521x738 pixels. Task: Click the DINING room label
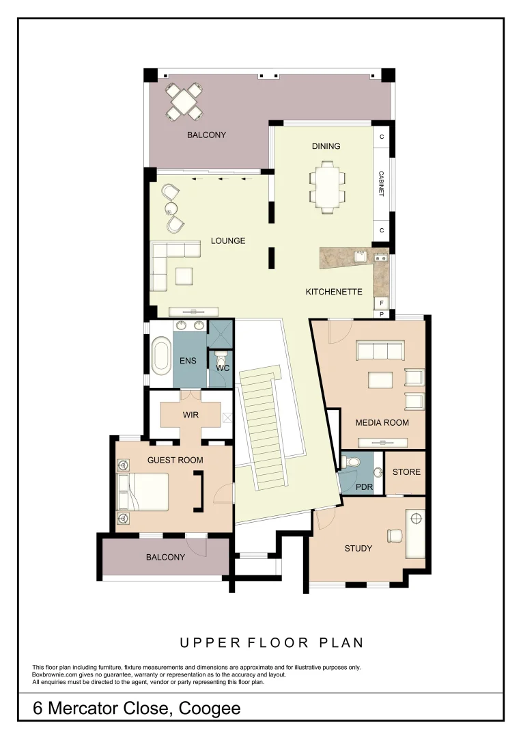tap(326, 146)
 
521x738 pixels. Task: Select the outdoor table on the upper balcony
tap(185, 100)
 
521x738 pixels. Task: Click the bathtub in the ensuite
tap(161, 355)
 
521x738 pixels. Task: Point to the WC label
tap(223, 368)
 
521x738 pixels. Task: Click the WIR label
tap(190, 415)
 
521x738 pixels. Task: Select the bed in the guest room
tap(145, 491)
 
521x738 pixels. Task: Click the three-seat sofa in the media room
tap(380, 351)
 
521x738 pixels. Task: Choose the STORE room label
tap(406, 472)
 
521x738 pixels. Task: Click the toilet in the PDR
tap(353, 463)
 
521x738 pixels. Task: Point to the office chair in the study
tap(395, 536)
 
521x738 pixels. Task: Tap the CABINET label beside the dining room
tap(382, 184)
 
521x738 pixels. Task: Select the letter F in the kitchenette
tap(382, 302)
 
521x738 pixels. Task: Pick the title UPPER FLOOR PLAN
tap(271, 643)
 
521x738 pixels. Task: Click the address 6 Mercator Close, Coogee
tap(137, 708)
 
